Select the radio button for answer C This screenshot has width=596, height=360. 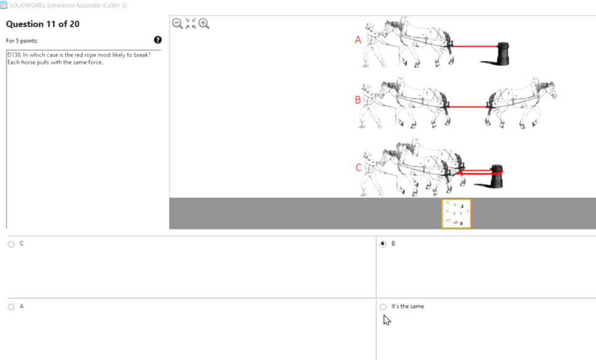[x=11, y=244]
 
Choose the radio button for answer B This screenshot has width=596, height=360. [x=382, y=244]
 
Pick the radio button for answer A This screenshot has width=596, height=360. [x=11, y=307]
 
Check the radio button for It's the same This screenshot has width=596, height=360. [x=382, y=307]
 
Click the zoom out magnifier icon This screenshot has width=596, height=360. [x=177, y=24]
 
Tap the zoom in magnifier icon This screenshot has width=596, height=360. [x=204, y=24]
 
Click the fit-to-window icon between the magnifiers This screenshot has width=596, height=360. [x=191, y=24]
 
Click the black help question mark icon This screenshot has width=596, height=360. [x=158, y=40]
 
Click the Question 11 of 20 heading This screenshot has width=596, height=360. [x=43, y=24]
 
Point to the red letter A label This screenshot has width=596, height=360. [x=358, y=40]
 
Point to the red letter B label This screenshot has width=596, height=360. [x=358, y=100]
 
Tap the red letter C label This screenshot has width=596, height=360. [x=358, y=168]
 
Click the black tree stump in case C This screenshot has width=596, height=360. [x=497, y=176]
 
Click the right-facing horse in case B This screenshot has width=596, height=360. [x=521, y=99]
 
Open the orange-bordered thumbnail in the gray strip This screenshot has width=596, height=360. [x=456, y=214]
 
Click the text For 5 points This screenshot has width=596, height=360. [x=22, y=41]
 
